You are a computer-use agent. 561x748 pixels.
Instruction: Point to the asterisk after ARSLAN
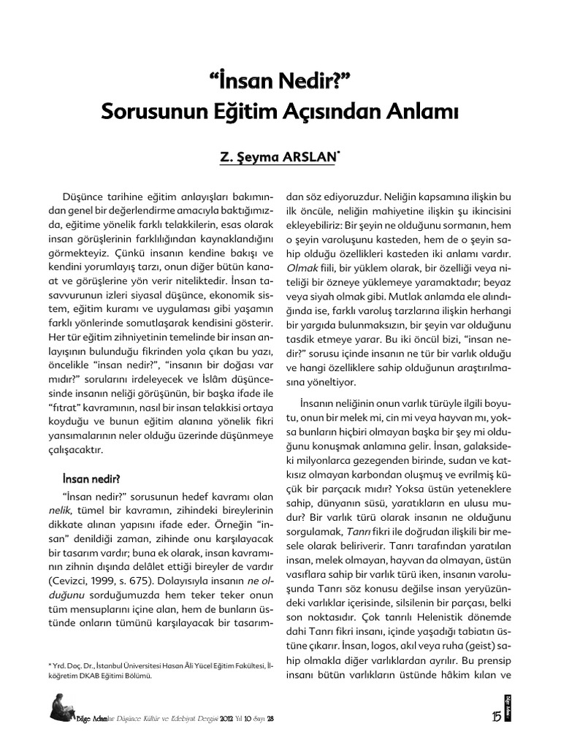click(x=339, y=154)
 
